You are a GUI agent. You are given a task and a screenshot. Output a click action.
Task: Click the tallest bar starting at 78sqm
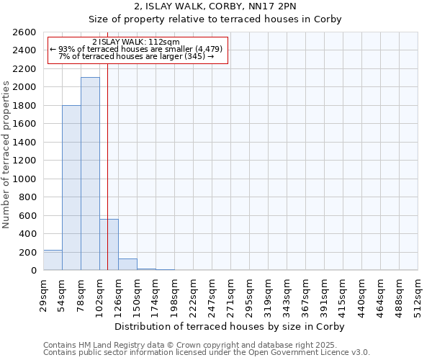point(90,174)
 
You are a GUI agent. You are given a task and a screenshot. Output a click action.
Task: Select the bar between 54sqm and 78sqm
point(71,188)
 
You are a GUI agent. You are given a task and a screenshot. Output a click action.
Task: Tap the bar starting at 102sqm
point(109,245)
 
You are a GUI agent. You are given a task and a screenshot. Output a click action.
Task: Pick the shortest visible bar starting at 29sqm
point(53,260)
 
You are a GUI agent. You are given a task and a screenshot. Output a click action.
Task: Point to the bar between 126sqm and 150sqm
point(127,264)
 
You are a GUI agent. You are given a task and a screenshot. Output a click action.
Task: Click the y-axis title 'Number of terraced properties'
point(6,155)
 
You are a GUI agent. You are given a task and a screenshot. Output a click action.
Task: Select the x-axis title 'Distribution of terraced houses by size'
point(230,326)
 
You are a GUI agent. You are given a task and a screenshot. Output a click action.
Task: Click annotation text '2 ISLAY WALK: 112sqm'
point(136,42)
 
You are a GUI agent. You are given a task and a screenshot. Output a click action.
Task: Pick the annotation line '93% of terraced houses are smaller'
point(136,49)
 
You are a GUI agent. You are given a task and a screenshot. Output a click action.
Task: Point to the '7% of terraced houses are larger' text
point(136,56)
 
